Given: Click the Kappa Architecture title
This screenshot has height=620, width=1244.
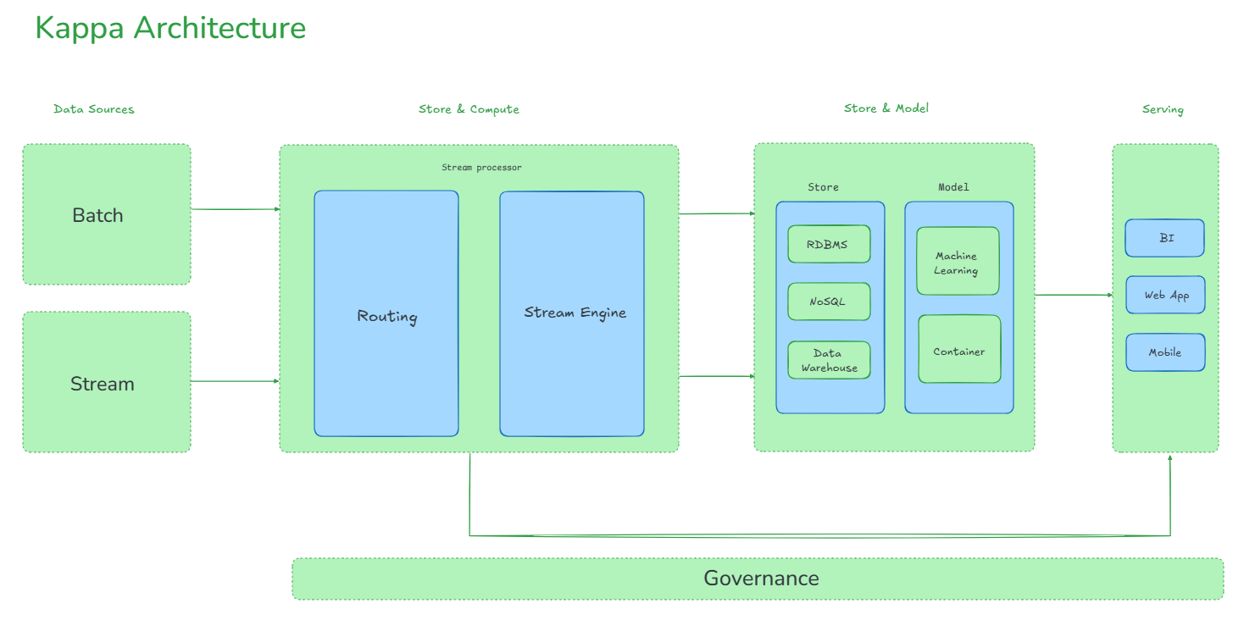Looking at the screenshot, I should (x=170, y=28).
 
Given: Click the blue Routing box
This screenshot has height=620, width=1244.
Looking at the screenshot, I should (x=386, y=315).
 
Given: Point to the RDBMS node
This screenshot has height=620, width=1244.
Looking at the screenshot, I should (x=828, y=244).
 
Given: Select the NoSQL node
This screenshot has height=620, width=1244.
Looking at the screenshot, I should (x=828, y=302).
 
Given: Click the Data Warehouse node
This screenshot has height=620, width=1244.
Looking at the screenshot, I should (x=828, y=360).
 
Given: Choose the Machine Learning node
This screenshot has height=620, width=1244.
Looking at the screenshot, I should (x=958, y=262).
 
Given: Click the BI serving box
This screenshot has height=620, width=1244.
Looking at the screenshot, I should (x=1164, y=238).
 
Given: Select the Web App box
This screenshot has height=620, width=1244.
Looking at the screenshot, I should (x=1164, y=295).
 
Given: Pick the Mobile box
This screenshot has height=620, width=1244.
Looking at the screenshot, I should (x=1164, y=352).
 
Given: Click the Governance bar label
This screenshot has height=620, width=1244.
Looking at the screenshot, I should (x=760, y=578).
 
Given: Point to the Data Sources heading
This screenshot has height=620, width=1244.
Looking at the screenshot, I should (x=93, y=109).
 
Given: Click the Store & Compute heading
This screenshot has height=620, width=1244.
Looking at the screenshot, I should (x=469, y=109).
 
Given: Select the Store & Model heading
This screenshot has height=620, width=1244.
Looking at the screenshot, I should (x=886, y=108).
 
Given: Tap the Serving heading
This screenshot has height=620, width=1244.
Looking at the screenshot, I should (x=1163, y=109).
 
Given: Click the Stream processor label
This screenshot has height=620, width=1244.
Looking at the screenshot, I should (x=481, y=168).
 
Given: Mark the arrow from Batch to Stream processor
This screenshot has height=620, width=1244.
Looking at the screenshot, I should (x=235, y=209).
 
